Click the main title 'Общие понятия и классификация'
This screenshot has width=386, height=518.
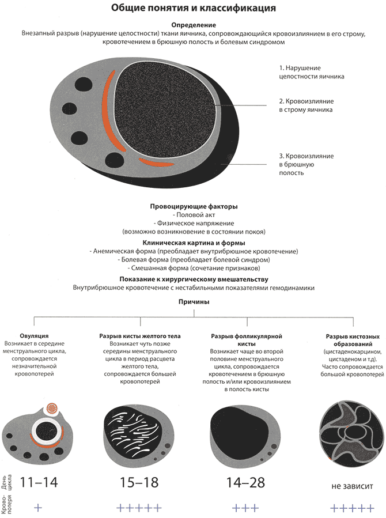pos(193,8)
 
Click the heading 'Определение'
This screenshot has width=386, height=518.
pos(194,25)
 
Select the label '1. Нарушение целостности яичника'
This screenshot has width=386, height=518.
pos(311,72)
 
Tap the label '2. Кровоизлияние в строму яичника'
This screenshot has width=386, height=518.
pos(306,105)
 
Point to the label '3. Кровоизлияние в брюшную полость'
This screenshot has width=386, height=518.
pos(306,164)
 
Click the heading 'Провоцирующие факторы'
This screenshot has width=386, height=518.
pos(194,206)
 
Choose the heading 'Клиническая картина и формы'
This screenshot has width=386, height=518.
pos(194,243)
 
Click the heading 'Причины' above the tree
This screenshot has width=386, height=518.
pos(194,301)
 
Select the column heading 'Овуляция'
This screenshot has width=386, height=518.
pos(34,336)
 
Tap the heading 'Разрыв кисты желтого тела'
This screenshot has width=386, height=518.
pos(140,336)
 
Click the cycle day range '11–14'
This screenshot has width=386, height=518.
pos(39,482)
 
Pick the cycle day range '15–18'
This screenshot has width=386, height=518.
pos(139,482)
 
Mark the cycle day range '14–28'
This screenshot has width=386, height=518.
pos(245,482)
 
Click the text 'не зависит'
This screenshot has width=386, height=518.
pos(353,486)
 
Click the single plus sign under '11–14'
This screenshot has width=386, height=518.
pos(38,508)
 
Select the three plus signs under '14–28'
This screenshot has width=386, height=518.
pos(245,508)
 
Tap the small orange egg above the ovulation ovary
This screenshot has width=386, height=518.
pos(52,409)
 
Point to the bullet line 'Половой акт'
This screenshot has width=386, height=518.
pos(194,215)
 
